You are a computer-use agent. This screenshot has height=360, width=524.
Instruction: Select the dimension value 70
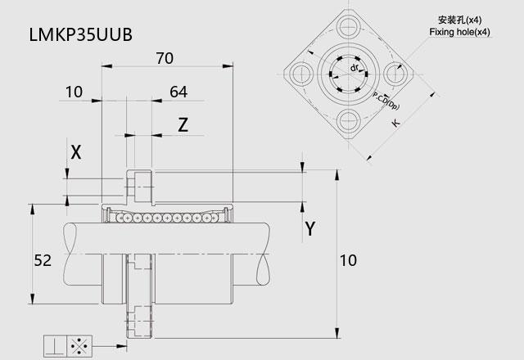[166, 58]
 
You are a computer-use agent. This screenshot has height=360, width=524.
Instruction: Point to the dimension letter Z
[183, 124]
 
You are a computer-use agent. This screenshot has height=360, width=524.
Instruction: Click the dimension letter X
[76, 151]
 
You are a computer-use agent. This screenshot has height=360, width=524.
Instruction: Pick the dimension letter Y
[309, 228]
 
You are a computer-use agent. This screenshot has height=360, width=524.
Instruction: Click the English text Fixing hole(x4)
[459, 32]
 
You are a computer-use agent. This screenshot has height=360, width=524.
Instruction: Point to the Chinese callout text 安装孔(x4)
[459, 20]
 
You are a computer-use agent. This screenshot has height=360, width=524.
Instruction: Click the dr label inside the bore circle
[355, 68]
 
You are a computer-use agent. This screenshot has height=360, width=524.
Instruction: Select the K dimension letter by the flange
[396, 124]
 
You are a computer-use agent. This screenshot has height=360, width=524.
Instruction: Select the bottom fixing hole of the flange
[346, 122]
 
